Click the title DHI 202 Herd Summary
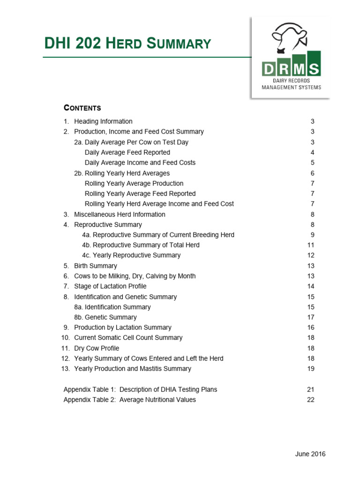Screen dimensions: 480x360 [x=127, y=44]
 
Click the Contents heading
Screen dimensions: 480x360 [x=82, y=108]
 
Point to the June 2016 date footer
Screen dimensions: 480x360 [x=310, y=454]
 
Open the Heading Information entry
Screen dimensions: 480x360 [x=103, y=121]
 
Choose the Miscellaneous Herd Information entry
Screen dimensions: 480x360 [x=120, y=214]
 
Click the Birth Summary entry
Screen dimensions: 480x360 [x=96, y=266]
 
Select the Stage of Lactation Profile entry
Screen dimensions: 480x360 [x=110, y=286]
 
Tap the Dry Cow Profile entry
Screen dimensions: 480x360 [x=97, y=348]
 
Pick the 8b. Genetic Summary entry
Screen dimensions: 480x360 [x=105, y=317]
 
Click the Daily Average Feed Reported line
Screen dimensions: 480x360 [x=127, y=152]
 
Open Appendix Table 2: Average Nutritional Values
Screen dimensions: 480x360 [x=130, y=400]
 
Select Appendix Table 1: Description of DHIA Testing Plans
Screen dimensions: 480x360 [x=140, y=390]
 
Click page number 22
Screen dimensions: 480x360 [x=310, y=400]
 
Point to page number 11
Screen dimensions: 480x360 [x=310, y=245]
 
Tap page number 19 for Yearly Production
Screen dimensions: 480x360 [x=310, y=369]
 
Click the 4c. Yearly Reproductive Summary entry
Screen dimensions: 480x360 [x=131, y=255]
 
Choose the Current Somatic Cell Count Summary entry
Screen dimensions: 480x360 [x=128, y=338]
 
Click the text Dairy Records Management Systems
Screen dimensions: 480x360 [x=291, y=84]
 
